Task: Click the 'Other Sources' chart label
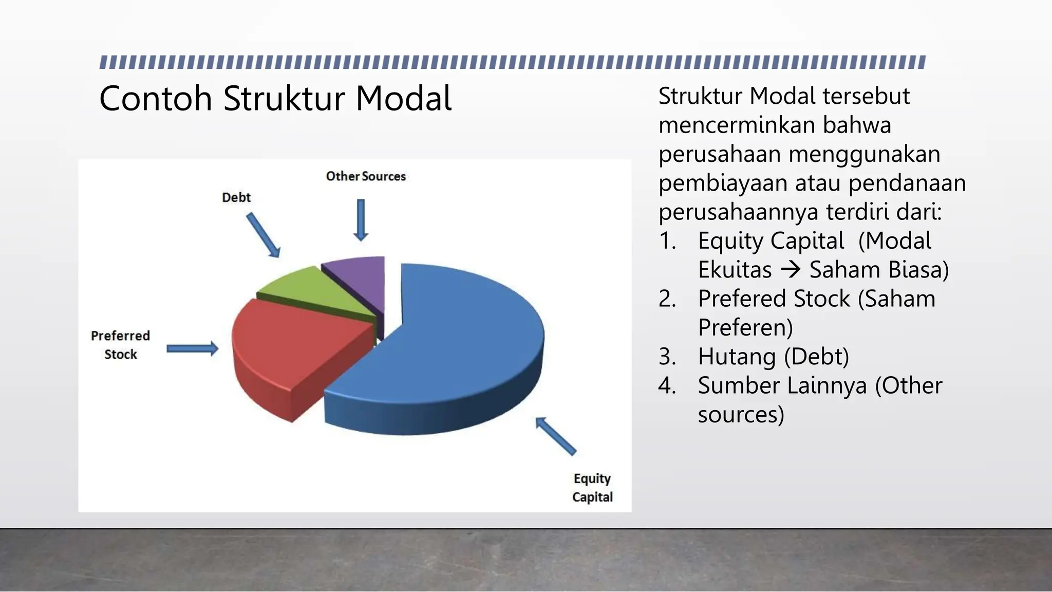366,176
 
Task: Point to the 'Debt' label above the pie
236,197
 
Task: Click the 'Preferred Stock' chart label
121,345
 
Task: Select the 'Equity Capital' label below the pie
592,488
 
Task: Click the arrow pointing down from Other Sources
361,220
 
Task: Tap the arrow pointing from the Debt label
264,235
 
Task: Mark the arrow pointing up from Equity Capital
555,436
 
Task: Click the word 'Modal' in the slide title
403,98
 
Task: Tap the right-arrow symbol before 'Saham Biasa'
791,269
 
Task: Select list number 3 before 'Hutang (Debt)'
667,357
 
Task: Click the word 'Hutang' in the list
736,357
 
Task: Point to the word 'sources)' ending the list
741,414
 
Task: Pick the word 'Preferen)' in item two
745,327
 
